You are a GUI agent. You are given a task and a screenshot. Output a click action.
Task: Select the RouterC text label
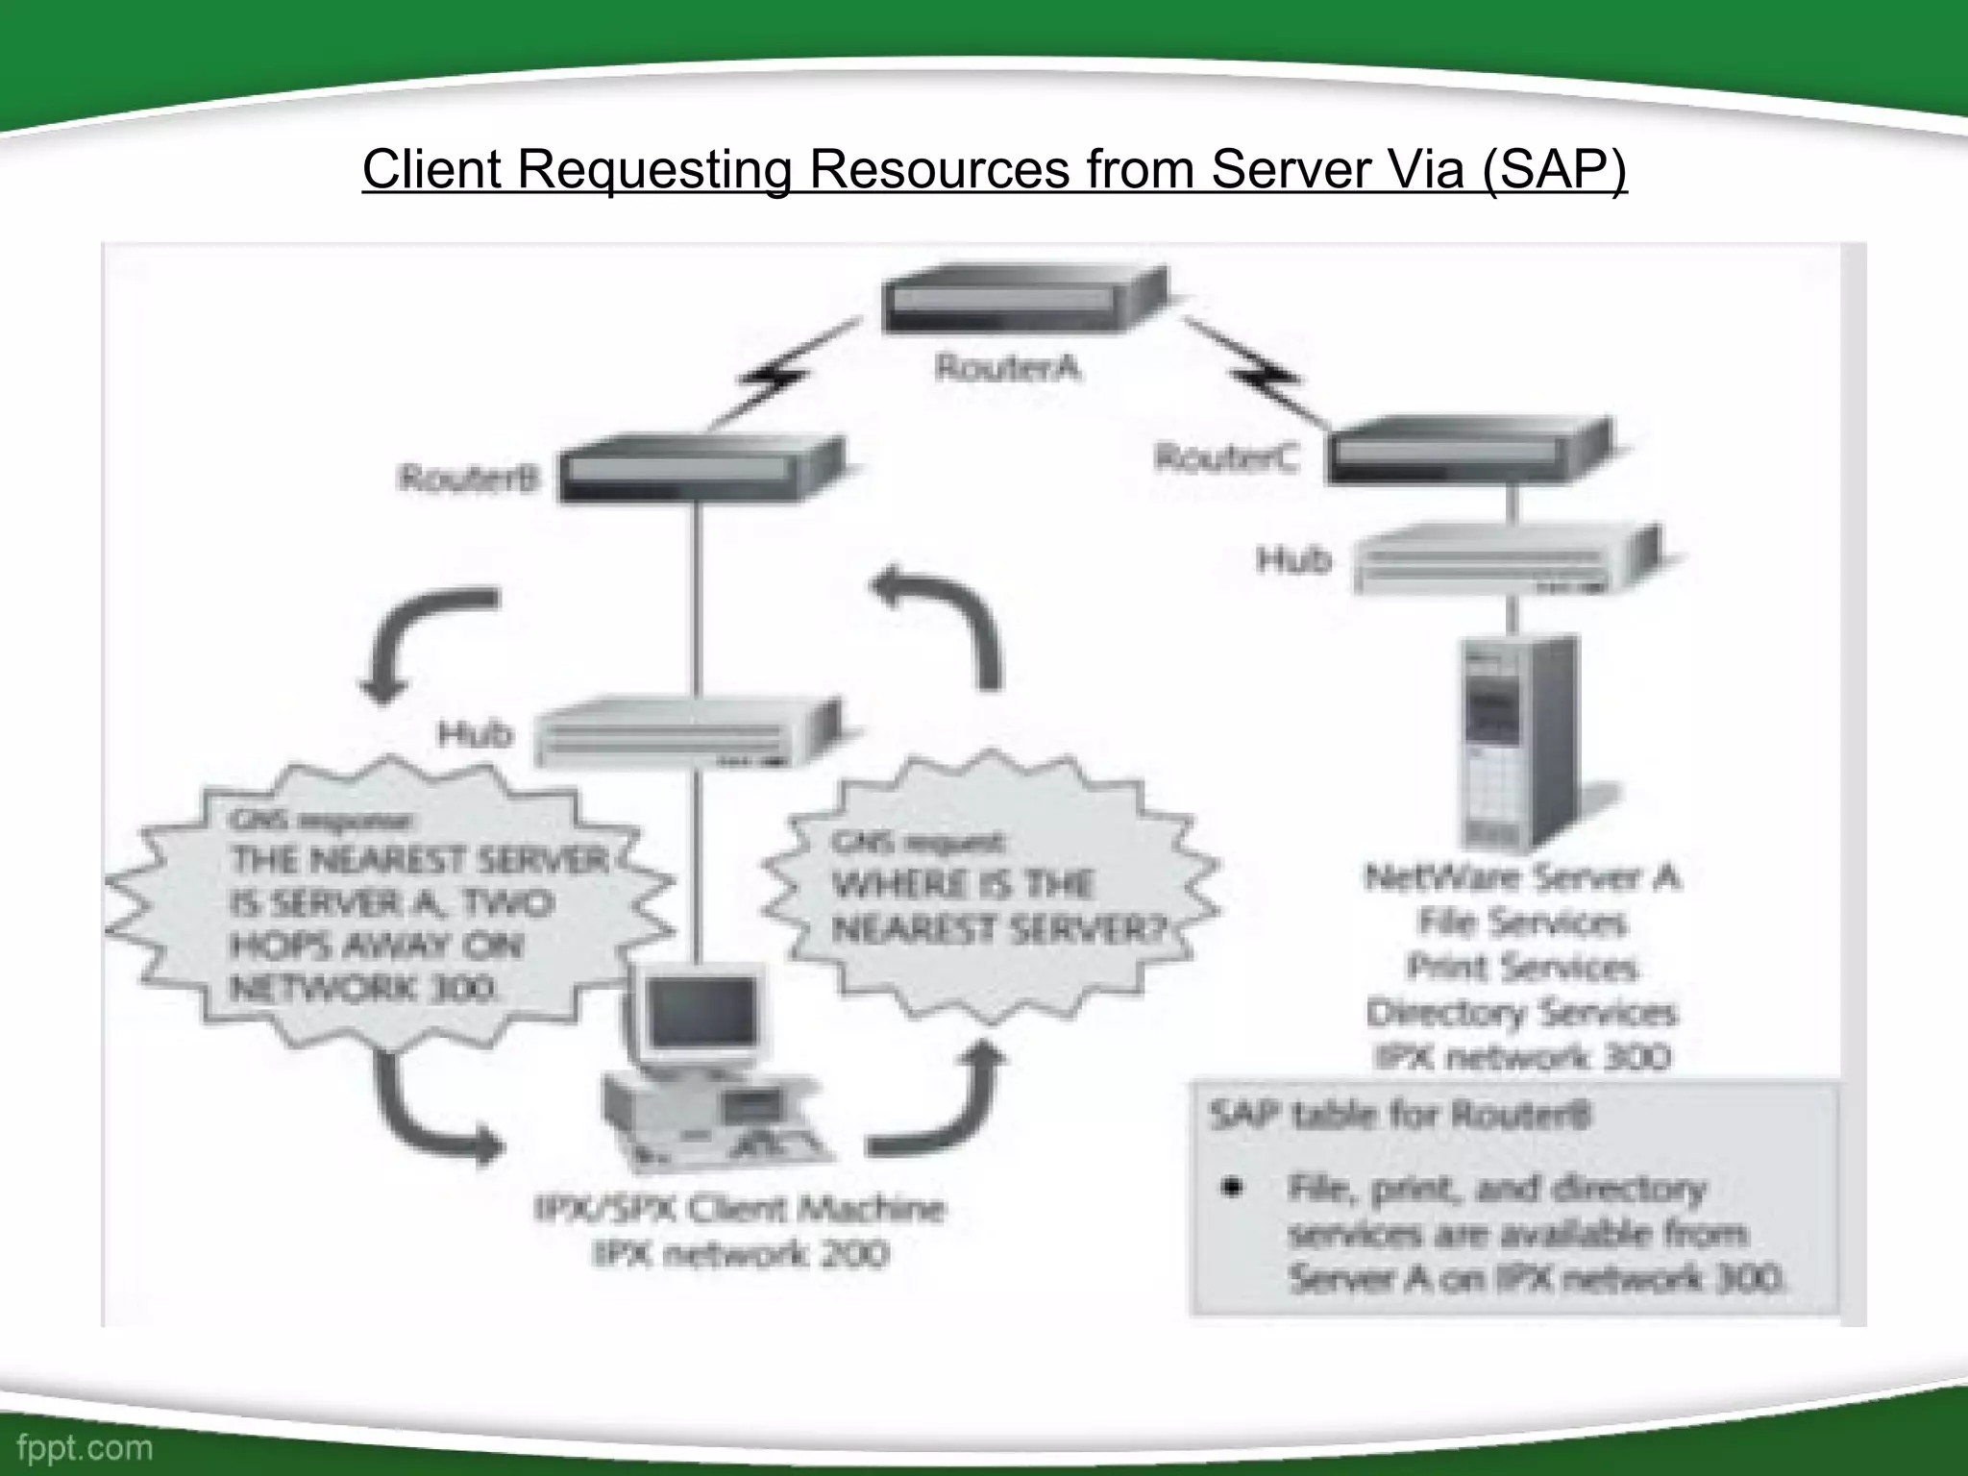pos(1225,457)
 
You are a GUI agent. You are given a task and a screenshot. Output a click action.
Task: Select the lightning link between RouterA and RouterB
pos(780,377)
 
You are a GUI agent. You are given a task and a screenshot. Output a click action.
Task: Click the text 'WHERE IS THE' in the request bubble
pos(962,885)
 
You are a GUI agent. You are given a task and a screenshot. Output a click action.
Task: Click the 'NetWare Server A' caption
pos(1522,877)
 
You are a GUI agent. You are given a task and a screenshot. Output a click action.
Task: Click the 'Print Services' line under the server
pos(1522,967)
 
